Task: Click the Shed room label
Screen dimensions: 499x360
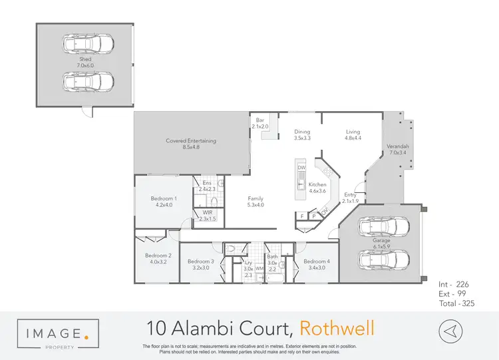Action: (85, 59)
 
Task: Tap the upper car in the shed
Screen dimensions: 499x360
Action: (86, 45)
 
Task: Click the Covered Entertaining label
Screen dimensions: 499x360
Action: (191, 141)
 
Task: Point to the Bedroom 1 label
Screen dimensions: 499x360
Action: (163, 198)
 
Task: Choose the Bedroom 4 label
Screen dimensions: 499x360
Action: (316, 262)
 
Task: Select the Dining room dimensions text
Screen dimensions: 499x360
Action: (303, 138)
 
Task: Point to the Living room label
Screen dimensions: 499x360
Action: (353, 131)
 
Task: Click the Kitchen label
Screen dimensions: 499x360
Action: (317, 184)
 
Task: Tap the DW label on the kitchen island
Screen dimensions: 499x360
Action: (301, 168)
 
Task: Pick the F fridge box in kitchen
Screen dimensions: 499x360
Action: (303, 216)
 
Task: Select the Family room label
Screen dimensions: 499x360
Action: (255, 198)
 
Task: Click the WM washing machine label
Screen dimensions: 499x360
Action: (259, 268)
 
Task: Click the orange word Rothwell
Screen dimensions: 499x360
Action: (337, 328)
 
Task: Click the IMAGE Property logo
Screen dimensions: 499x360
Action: (59, 333)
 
